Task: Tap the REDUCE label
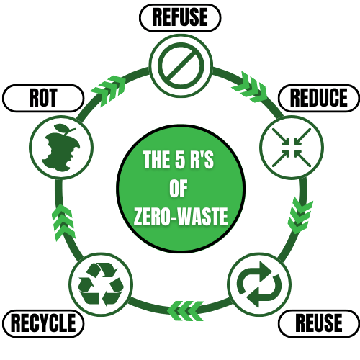(318, 98)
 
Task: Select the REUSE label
(319, 324)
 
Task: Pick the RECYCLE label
(43, 324)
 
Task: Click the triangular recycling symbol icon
(100, 284)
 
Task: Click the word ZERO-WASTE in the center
(180, 216)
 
